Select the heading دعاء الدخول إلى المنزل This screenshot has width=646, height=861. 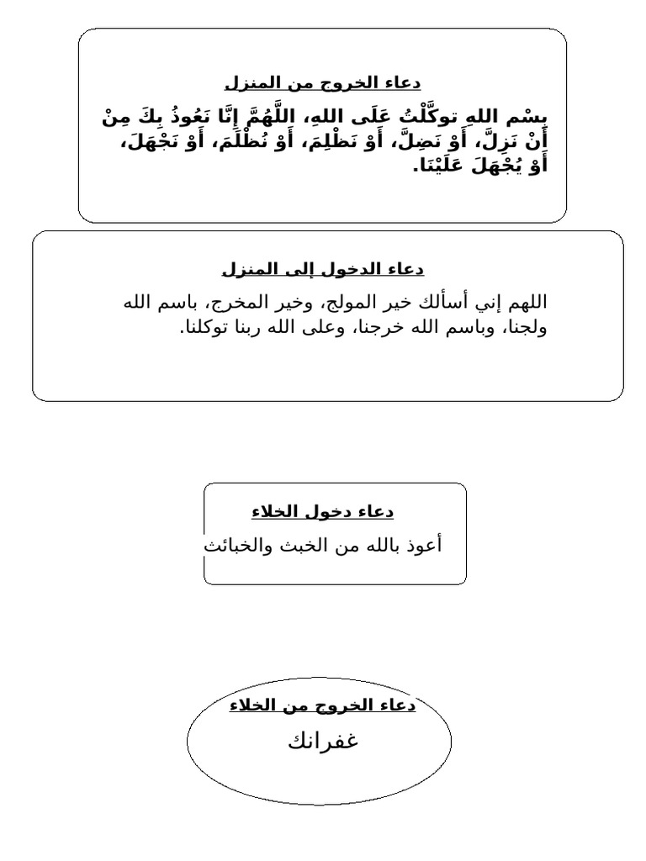point(323,269)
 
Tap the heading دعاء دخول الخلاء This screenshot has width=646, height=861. point(322,511)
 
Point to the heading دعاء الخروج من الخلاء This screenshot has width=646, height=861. point(322,705)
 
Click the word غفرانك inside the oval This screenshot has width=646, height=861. point(323,742)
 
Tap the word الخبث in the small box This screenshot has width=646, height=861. point(306,545)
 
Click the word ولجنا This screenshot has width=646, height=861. point(526,327)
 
